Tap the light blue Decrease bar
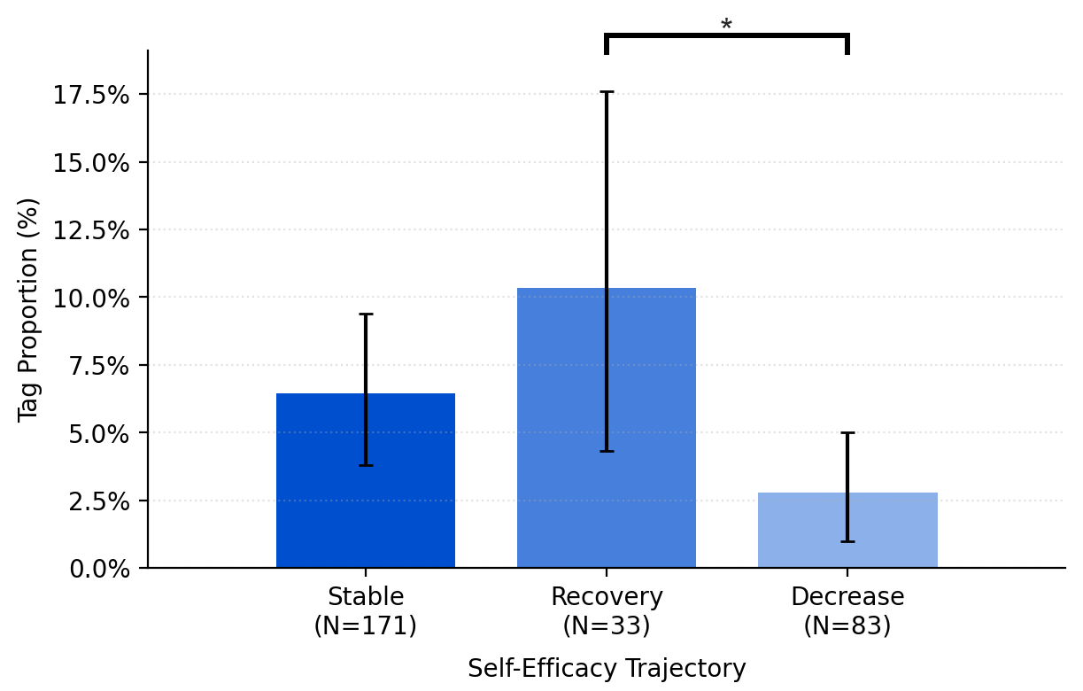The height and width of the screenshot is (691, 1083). (x=847, y=532)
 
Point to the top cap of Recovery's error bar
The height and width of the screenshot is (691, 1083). (x=607, y=92)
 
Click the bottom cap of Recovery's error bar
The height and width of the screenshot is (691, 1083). (x=607, y=451)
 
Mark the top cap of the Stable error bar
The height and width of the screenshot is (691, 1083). (x=366, y=314)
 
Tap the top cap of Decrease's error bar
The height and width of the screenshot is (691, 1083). (x=847, y=433)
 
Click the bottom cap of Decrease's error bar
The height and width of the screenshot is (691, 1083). (x=847, y=541)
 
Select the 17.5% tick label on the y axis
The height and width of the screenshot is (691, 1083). (x=91, y=95)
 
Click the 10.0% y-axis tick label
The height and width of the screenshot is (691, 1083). (x=91, y=298)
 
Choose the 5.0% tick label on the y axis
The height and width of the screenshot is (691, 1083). (x=97, y=433)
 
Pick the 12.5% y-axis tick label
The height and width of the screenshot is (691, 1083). (x=91, y=230)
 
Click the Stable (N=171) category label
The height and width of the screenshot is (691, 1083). (x=365, y=611)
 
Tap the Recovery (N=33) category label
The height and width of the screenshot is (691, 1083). (x=606, y=611)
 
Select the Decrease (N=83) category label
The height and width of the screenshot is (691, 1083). (x=847, y=611)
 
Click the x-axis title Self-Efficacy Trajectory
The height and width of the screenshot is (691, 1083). (x=607, y=669)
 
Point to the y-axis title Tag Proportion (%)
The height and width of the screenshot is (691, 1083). (x=28, y=309)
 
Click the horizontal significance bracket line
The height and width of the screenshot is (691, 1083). (x=726, y=36)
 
